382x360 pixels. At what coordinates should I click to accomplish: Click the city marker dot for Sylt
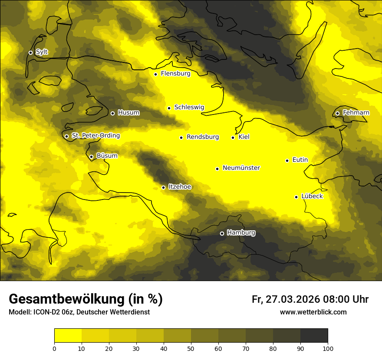coord(30,52)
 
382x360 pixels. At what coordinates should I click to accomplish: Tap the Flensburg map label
coord(175,74)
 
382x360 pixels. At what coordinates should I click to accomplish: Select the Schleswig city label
coord(189,107)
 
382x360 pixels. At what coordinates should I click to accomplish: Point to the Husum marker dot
coord(112,113)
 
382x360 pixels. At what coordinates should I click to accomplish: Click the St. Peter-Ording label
coord(95,136)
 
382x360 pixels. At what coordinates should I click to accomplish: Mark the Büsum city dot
coord(91,157)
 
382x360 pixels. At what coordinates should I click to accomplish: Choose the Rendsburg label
coord(202,137)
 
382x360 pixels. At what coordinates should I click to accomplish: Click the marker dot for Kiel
coord(233,137)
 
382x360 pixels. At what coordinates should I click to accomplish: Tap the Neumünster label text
coord(241,168)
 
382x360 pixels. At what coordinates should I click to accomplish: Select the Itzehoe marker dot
coord(163,187)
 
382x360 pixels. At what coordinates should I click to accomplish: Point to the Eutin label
coord(300,160)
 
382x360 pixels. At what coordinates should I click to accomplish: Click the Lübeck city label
coord(312,196)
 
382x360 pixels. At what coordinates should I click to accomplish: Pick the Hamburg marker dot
coord(222,233)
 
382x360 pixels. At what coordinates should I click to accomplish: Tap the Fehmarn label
coord(356,113)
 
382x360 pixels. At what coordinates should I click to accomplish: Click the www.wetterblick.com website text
coord(313,312)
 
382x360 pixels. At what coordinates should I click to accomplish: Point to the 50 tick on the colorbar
coord(191,348)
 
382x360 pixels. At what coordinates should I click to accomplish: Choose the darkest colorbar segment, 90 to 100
coord(314,335)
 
